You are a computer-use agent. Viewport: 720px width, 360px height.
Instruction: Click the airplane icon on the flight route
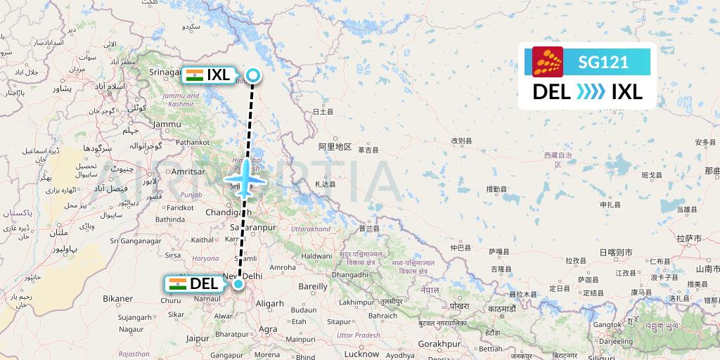[243, 181]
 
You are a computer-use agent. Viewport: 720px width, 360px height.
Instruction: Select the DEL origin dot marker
[239, 284]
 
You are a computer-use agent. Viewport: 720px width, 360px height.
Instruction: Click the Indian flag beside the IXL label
[194, 75]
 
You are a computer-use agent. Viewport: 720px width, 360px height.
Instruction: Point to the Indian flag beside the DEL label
[177, 284]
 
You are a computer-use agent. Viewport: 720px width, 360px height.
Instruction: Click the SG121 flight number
[603, 62]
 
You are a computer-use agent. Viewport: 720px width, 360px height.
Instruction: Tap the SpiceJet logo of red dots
[548, 62]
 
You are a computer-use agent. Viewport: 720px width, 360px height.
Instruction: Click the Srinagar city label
[166, 72]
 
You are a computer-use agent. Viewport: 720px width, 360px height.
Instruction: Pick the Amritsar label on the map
[188, 172]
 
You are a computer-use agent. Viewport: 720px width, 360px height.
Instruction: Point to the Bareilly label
[313, 286]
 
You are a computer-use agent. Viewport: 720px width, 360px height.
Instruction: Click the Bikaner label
[117, 299]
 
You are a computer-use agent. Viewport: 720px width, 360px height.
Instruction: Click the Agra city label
[268, 328]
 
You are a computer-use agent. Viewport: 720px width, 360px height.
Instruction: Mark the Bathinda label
[170, 219]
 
